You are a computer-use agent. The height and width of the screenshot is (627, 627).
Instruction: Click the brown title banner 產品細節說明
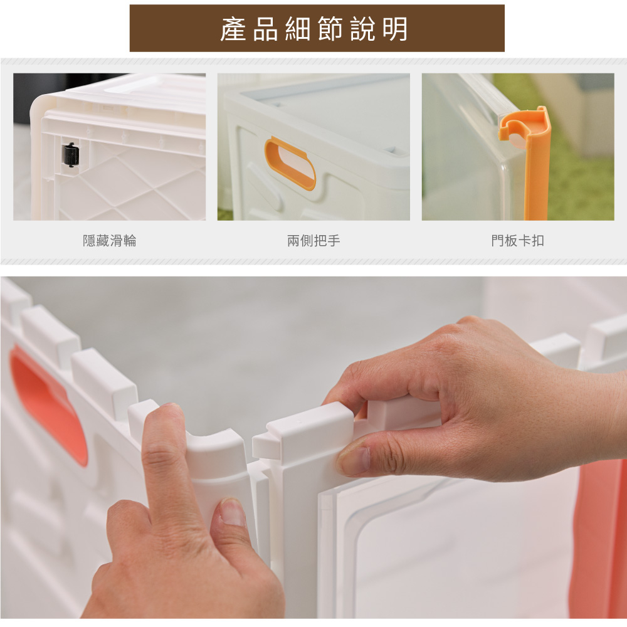click(x=317, y=28)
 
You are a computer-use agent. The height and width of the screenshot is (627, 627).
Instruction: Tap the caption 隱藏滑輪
click(x=110, y=241)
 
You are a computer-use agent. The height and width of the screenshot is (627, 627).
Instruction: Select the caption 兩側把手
click(x=313, y=241)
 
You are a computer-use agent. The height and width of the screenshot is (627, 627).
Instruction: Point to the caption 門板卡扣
click(x=517, y=241)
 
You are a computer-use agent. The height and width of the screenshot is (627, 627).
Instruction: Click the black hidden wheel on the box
click(x=70, y=155)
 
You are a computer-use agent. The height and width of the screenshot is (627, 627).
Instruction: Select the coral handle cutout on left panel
click(x=48, y=404)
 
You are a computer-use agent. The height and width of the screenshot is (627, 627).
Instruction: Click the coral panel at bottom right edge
click(x=598, y=540)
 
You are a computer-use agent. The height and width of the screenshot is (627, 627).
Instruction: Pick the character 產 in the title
click(x=233, y=29)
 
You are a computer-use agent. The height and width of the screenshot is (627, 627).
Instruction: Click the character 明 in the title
click(x=395, y=29)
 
